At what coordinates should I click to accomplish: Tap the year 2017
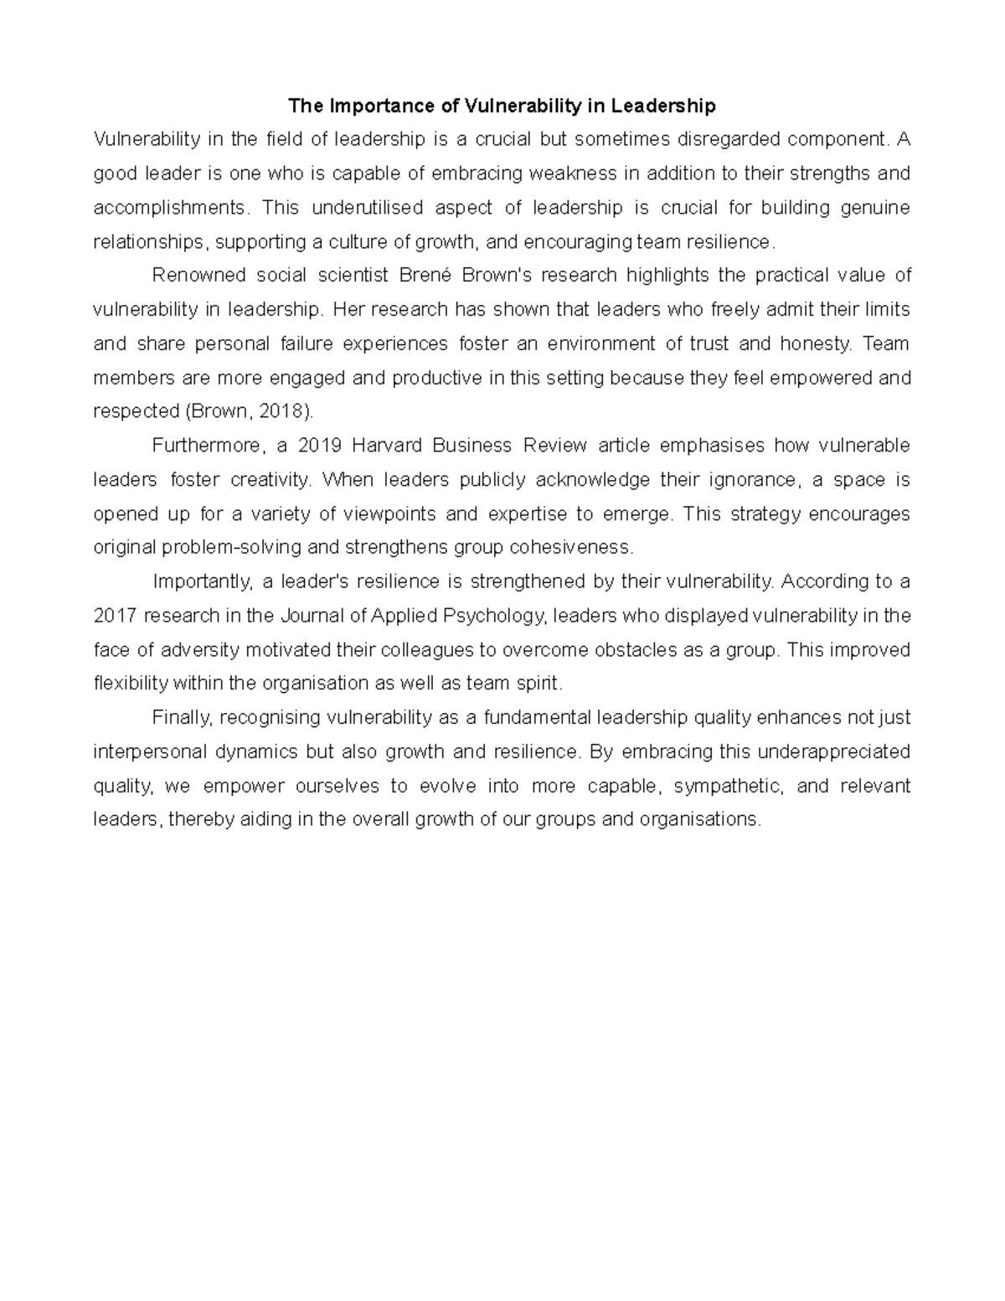point(115,616)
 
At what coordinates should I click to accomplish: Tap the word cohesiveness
point(569,548)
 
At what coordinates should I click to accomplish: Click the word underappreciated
point(833,751)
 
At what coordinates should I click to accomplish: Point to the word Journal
point(310,616)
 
